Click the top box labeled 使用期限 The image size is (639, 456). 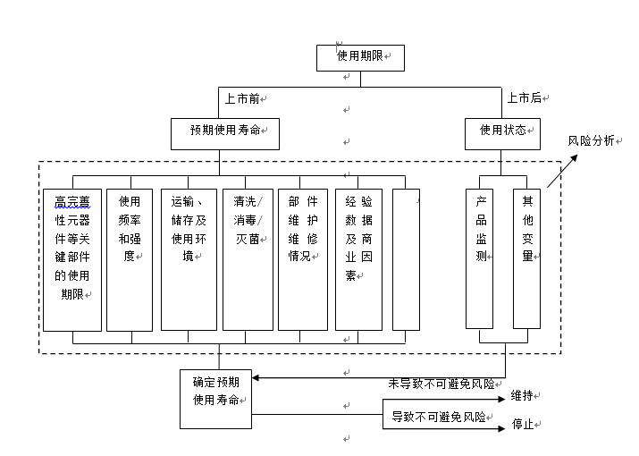tap(360, 58)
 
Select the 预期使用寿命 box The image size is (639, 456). tap(225, 134)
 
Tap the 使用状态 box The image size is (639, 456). tap(502, 134)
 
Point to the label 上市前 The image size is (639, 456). tap(242, 98)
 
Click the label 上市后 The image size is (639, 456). tap(524, 97)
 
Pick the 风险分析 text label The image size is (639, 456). tap(591, 140)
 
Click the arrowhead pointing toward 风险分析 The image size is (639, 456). tap(574, 158)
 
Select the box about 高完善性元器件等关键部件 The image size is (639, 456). tap(72, 260)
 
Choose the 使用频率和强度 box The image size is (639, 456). tap(130, 260)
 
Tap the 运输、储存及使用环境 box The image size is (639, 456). tap(189, 259)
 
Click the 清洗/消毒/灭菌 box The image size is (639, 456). tap(248, 259)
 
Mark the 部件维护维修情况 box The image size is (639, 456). tap(303, 259)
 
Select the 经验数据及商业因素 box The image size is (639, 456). tap(358, 259)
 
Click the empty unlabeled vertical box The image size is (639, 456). tap(406, 259)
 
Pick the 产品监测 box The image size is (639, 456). tap(479, 258)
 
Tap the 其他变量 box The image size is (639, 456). tap(526, 258)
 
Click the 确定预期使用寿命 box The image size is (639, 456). tap(215, 399)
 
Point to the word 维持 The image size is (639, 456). tap(522, 395)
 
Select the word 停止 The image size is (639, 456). tap(523, 424)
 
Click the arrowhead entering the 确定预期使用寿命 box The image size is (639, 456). tap(256, 377)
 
